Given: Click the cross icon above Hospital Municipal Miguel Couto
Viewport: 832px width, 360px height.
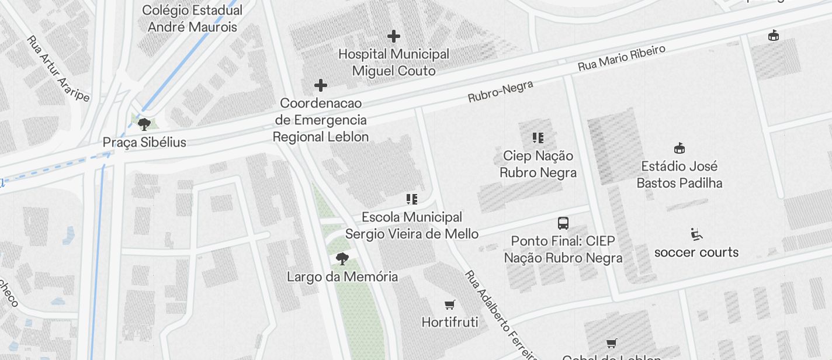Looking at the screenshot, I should point(394,36).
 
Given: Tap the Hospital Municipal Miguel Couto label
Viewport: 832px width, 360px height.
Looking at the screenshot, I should point(394,63).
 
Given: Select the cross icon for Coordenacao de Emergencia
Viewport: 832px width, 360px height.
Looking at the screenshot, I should point(320,85).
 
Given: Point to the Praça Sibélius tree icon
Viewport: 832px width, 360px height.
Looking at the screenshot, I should point(144,124).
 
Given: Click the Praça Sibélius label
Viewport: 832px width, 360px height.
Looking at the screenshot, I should point(144,142).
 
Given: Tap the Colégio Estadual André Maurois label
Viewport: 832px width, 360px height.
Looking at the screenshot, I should point(192,19).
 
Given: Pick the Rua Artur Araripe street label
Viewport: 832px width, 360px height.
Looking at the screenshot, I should point(58,68).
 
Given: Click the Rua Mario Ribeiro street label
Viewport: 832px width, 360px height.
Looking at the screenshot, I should point(622,58).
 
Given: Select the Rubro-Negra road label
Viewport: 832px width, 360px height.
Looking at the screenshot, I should point(501,92).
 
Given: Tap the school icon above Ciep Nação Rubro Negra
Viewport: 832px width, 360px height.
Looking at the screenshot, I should point(538,138).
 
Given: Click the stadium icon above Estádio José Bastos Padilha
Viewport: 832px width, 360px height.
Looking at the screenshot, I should point(679,148).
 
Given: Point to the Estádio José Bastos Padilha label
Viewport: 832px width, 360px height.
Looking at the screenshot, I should point(679,174).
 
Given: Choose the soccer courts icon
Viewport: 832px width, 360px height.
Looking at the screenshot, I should point(696,234).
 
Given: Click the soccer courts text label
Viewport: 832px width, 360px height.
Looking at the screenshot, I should point(696,252).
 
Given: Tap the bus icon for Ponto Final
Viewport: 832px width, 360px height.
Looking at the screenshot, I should point(563,223).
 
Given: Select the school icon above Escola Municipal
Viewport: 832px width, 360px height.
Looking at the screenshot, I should point(411,199).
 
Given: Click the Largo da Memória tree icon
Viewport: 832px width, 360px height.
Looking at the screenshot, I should point(342,258).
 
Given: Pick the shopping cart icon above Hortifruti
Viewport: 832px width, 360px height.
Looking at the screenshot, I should point(449,304).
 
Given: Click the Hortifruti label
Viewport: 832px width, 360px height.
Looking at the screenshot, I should point(449,322).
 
